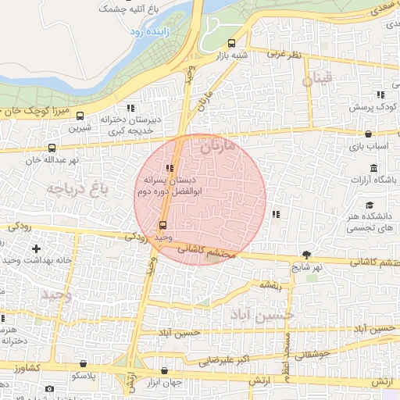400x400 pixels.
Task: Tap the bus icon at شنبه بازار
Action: (230, 44)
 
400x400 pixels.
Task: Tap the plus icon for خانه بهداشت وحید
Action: (36, 248)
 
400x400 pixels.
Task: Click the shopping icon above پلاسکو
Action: (84, 363)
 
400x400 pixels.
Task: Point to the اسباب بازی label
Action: (362, 146)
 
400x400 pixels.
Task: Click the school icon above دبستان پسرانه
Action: (170, 167)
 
